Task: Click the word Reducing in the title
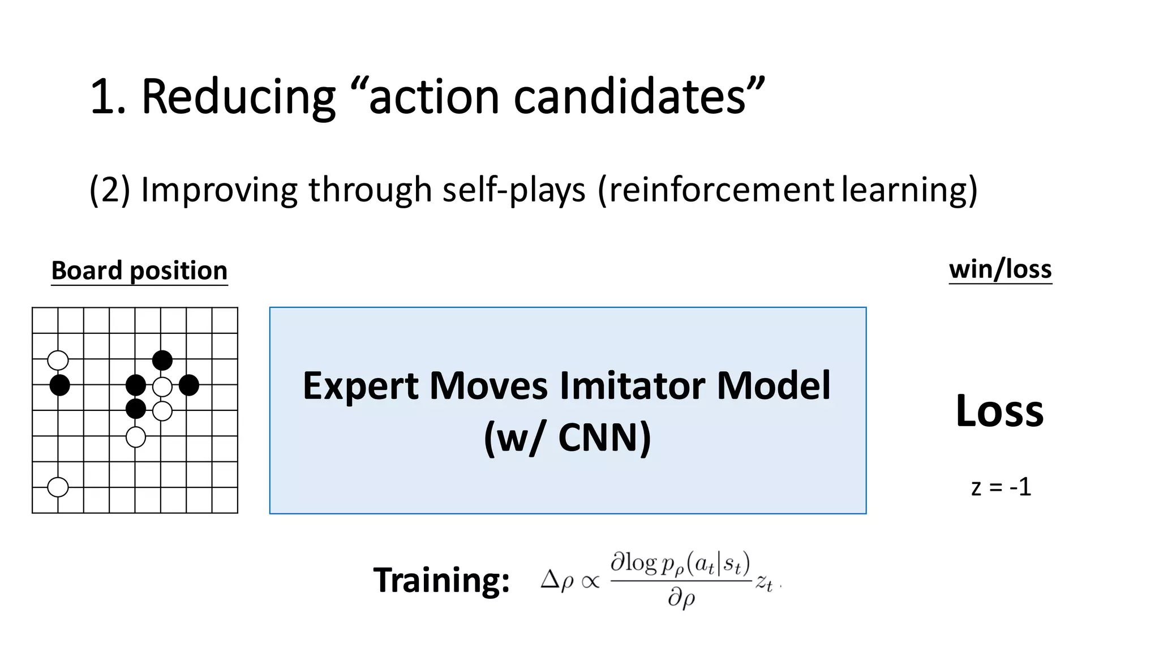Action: tap(238, 97)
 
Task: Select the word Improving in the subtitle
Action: tap(219, 190)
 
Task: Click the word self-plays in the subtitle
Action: tap(514, 190)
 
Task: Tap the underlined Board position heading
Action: tap(139, 271)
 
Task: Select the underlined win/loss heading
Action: tap(1000, 269)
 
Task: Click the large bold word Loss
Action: tap(999, 411)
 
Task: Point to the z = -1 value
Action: tap(1001, 487)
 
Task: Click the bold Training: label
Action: tap(441, 581)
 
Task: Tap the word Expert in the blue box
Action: tap(362, 386)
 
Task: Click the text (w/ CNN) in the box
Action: tap(568, 437)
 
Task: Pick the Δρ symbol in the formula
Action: tap(557, 581)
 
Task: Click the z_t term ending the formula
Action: tap(764, 582)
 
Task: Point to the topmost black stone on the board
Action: tap(162, 360)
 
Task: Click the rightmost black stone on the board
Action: tap(189, 385)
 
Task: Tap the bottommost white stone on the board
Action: tap(58, 487)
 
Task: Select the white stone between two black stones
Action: tap(162, 387)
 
